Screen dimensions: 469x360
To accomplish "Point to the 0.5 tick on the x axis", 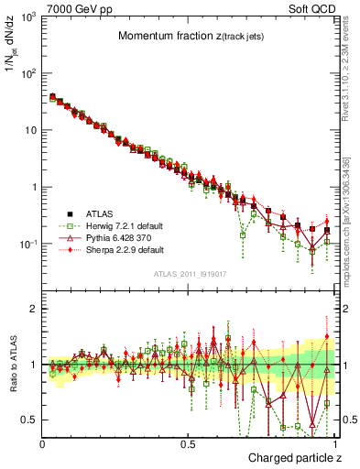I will pyautogui.click(x=189, y=442).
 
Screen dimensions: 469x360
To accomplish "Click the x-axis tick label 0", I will pyautogui.click(x=43, y=442).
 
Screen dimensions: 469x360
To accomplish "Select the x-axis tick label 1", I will pyautogui.click(x=335, y=442).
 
